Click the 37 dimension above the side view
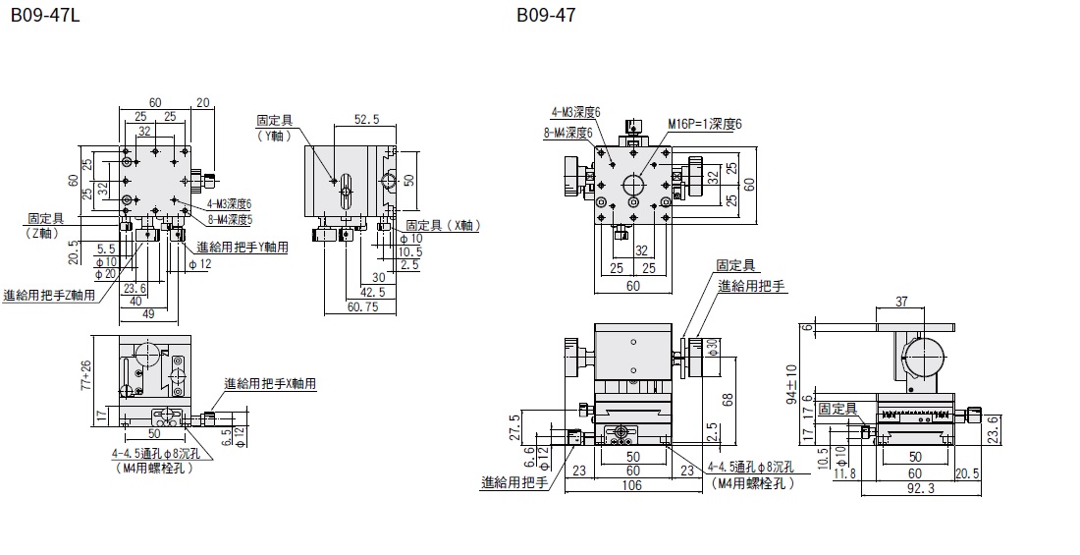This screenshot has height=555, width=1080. pyautogui.click(x=901, y=300)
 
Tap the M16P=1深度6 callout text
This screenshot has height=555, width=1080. pyautogui.click(x=705, y=124)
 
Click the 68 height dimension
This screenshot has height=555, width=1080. pyautogui.click(x=726, y=401)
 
